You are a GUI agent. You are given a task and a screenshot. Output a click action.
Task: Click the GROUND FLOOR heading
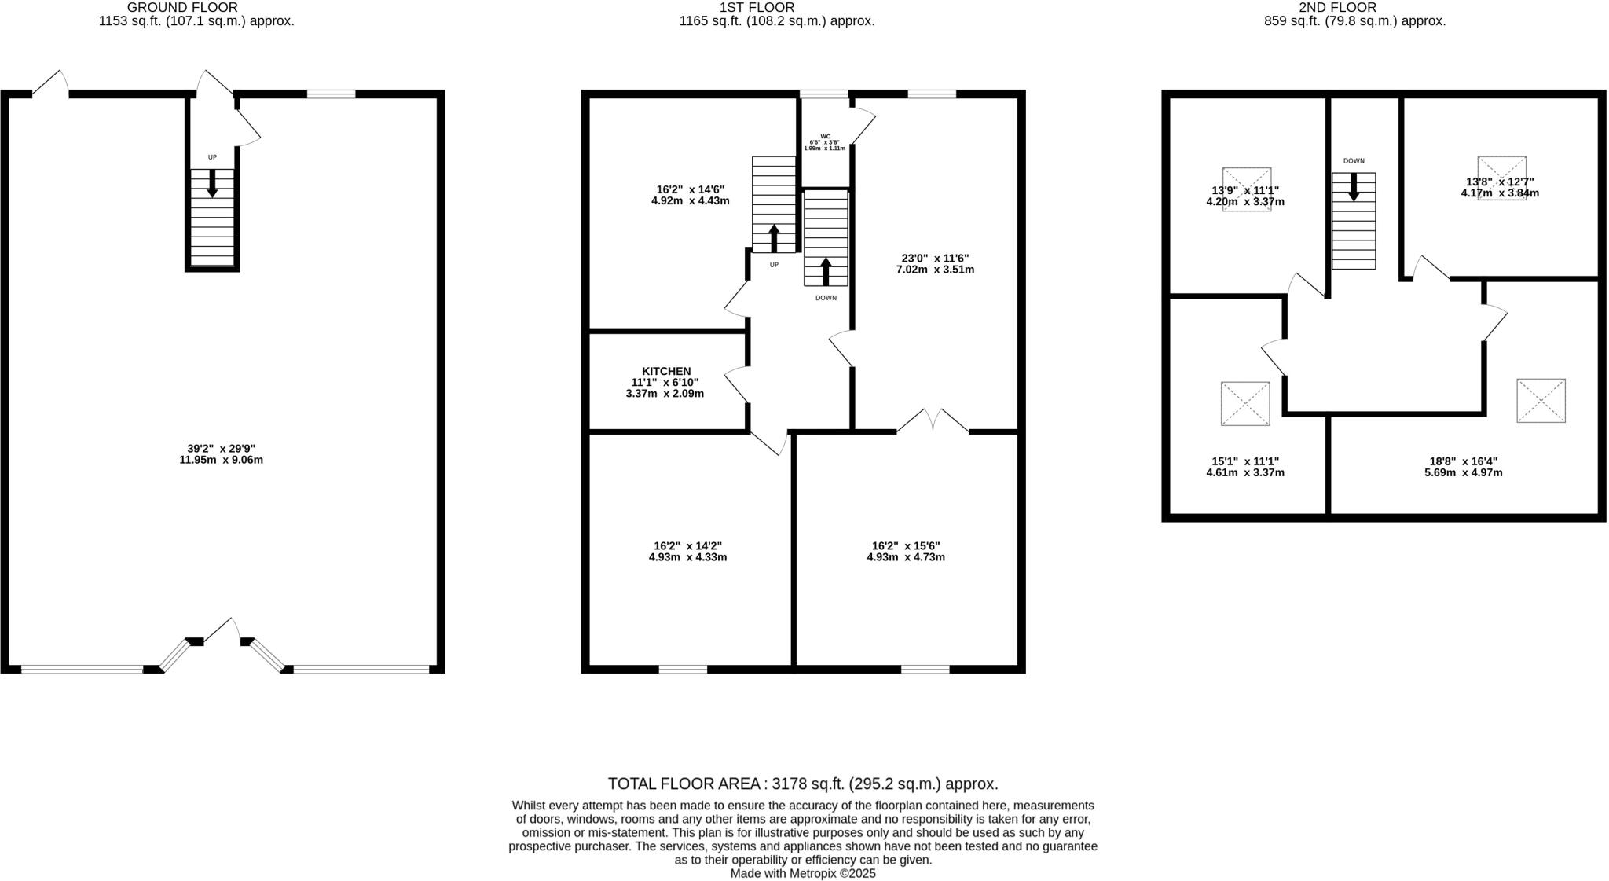[x=182, y=7]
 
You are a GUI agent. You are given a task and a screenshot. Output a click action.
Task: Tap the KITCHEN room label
[x=666, y=371]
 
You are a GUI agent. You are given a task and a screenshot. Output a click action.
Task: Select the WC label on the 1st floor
[x=825, y=136]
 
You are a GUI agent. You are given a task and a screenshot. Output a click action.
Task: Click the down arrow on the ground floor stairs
[x=212, y=183]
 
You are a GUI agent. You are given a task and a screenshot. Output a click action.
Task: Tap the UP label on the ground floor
[x=212, y=157]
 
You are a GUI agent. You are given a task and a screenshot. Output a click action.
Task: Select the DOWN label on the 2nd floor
[x=1354, y=161]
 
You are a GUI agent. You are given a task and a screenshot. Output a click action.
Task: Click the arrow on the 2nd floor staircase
[x=1354, y=187]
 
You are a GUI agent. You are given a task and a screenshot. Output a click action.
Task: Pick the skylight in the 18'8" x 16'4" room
[x=1541, y=401]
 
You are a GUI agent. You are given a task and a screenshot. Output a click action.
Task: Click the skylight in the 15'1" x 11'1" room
[x=1245, y=404]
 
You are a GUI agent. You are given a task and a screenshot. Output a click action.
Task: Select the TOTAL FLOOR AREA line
[x=803, y=784]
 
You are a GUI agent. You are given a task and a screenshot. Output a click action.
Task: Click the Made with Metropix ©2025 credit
[x=803, y=873]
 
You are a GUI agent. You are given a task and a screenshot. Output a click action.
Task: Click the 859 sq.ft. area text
[x=1354, y=21]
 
